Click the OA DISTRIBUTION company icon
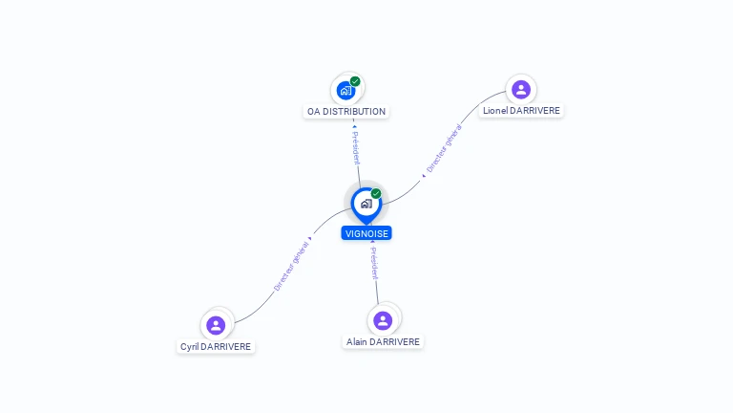(346, 90)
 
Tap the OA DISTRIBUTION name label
(346, 112)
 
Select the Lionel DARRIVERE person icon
(520, 90)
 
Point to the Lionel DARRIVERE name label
(521, 111)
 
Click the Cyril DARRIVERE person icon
(216, 325)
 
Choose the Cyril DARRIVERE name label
(217, 346)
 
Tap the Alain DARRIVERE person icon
(383, 320)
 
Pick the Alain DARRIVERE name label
(383, 341)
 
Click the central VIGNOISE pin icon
(366, 204)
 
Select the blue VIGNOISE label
(366, 233)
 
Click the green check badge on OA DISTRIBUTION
(355, 81)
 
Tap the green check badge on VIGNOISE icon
(376, 194)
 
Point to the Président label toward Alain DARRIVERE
(375, 262)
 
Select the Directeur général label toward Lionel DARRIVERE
(444, 151)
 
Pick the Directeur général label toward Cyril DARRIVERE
(291, 266)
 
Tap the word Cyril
(190, 346)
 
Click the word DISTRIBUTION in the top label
(354, 112)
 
